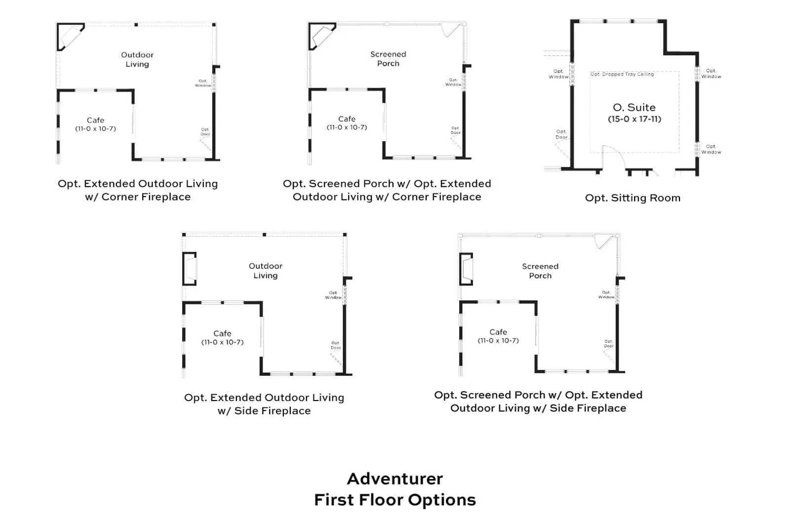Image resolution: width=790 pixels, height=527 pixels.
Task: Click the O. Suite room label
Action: [x=634, y=107]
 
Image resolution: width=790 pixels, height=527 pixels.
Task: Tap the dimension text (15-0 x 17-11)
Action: [x=634, y=119]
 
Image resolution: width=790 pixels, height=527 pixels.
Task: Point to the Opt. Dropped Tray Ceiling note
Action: [x=622, y=74]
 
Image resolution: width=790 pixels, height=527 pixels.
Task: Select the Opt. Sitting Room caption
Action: [x=632, y=198]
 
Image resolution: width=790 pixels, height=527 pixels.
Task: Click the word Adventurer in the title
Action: [x=395, y=479]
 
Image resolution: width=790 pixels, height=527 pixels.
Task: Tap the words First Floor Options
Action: [x=395, y=500]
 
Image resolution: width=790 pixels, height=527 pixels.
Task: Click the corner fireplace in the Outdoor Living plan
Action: [x=71, y=37]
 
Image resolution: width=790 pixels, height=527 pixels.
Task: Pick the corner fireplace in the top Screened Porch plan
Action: [x=322, y=36]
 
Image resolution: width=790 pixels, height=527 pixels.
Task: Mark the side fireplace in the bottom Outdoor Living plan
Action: [x=190, y=269]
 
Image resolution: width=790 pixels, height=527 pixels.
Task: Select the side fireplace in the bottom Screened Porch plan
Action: [x=466, y=269]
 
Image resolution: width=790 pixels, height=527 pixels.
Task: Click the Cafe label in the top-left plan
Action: [x=95, y=121]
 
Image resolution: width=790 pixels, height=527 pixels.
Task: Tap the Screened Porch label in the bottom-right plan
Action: [x=540, y=271]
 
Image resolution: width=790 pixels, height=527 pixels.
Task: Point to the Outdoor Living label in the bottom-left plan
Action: [x=266, y=271]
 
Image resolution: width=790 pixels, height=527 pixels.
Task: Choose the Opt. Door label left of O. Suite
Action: [x=561, y=134]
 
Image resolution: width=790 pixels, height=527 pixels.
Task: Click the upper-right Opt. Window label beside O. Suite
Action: [x=711, y=74]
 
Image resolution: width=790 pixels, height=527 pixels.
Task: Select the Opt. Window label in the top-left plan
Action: [x=203, y=83]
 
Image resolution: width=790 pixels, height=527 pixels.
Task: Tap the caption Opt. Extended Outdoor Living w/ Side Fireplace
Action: [x=264, y=404]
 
